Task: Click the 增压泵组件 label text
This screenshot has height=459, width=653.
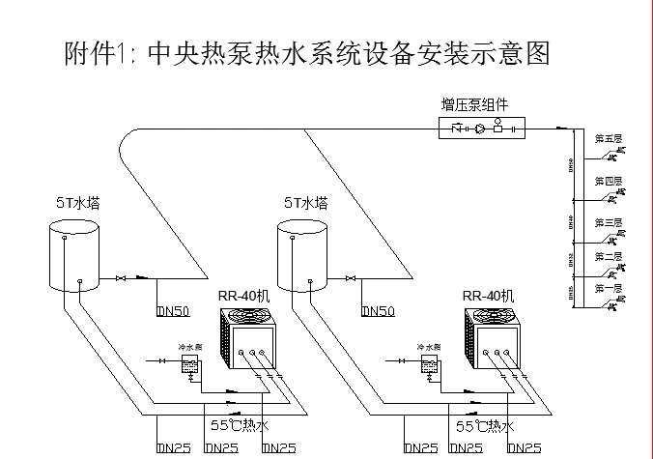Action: pyautogui.click(x=474, y=104)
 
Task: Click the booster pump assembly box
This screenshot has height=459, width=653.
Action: pyautogui.click(x=480, y=128)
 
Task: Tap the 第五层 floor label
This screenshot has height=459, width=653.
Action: pyautogui.click(x=608, y=138)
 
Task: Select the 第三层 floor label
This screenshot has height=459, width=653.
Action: pyautogui.click(x=608, y=222)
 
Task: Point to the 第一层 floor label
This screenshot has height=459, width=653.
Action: pyautogui.click(x=608, y=288)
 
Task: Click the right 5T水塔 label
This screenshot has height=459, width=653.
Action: pyautogui.click(x=305, y=204)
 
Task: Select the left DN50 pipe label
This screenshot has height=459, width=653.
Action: pyautogui.click(x=174, y=311)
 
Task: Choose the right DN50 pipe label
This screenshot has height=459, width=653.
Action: pyautogui.click(x=378, y=311)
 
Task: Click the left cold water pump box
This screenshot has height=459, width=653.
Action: pyautogui.click(x=191, y=363)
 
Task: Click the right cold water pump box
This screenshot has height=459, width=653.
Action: pyautogui.click(x=430, y=363)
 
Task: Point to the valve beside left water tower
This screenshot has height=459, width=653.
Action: pyautogui.click(x=121, y=279)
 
